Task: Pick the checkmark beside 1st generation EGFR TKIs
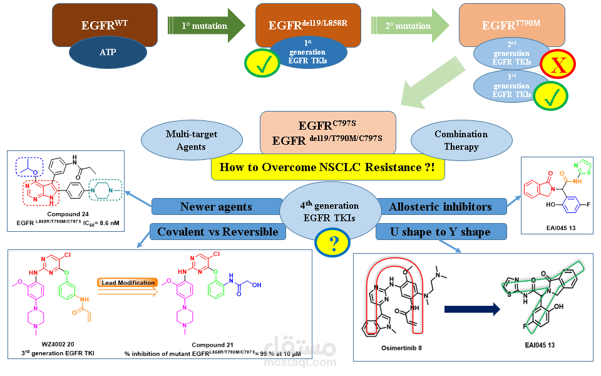tap(261, 63)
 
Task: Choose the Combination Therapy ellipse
tap(461, 140)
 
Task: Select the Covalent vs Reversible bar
tap(218, 232)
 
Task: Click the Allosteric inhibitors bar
tap(440, 206)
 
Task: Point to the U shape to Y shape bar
tap(441, 232)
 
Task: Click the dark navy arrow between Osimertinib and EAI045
tap(471, 309)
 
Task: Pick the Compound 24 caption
tap(68, 214)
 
